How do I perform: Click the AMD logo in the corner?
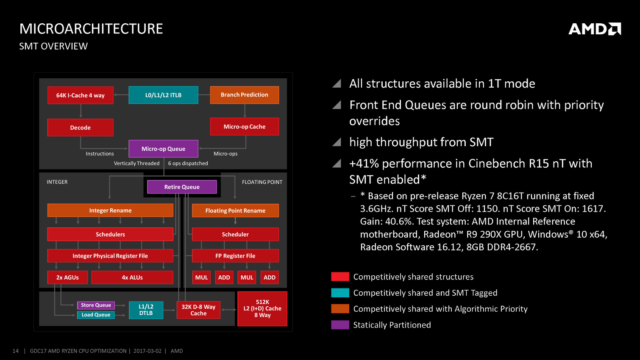(595, 29)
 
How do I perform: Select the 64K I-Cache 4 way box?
(81, 95)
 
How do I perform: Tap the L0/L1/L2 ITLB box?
(163, 95)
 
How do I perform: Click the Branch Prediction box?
(245, 95)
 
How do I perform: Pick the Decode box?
(81, 127)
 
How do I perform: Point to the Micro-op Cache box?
(245, 127)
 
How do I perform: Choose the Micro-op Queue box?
(163, 149)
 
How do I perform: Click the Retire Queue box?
(182, 187)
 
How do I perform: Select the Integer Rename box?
(110, 210)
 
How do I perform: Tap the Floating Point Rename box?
(235, 210)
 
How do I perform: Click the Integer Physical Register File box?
(110, 256)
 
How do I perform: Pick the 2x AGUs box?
(68, 277)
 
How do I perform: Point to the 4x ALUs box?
(132, 277)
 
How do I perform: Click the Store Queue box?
(96, 305)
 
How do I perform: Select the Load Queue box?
(96, 315)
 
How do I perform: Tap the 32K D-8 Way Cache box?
(198, 310)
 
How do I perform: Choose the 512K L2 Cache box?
(262, 309)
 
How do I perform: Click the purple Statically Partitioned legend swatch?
(340, 325)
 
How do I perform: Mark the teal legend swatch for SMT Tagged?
(340, 293)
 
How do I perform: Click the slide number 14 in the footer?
(16, 351)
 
